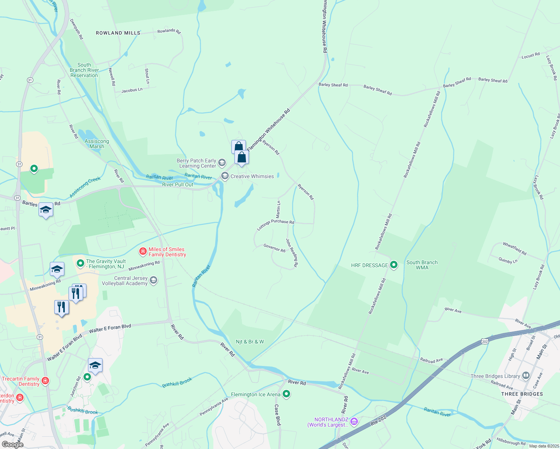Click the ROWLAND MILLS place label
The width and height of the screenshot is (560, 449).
point(118,33)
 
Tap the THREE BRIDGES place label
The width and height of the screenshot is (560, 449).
point(522,394)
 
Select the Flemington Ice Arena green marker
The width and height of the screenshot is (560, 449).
point(286,394)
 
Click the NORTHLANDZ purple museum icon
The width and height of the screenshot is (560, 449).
point(354,422)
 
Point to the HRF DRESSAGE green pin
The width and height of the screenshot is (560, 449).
point(394,265)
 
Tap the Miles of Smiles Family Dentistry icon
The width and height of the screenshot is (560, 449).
point(143,251)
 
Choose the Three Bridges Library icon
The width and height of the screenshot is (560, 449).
point(526,376)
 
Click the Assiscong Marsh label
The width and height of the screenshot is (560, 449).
point(97,144)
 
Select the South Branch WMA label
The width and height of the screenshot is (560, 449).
point(422,265)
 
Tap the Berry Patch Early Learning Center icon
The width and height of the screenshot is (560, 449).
point(222,162)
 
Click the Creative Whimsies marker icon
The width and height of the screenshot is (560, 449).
point(225,176)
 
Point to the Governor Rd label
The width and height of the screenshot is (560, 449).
point(274,248)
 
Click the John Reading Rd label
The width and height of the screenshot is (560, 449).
point(292,253)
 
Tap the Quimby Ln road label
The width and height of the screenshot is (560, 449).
point(508,260)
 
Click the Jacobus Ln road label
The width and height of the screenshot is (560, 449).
point(132,90)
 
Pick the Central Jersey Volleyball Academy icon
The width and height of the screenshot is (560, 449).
point(153,280)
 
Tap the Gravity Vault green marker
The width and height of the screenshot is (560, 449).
point(80,263)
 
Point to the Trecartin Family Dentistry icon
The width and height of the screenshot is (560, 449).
point(45,381)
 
